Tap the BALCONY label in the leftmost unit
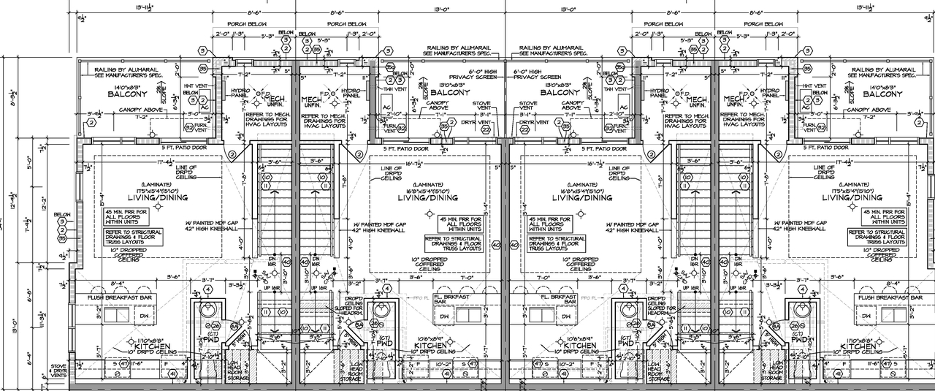tap(128, 94)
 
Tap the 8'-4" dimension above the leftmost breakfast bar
tap(117, 284)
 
